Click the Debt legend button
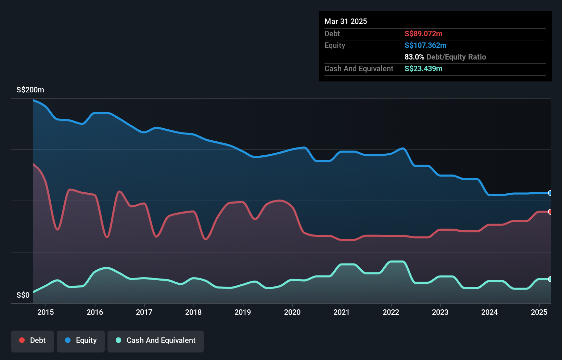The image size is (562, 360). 33,341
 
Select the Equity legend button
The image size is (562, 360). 81,341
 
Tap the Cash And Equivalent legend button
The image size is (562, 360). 156,341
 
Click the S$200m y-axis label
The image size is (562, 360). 30,90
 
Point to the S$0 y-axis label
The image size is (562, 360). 23,295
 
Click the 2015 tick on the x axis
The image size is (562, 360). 46,312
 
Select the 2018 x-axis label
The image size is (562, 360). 193,312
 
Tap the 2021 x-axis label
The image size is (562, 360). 342,312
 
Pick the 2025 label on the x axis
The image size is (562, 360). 539,312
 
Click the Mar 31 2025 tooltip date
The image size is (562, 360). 346,22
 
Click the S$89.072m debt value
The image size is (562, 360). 423,34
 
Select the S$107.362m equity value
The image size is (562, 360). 425,46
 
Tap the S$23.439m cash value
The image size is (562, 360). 423,69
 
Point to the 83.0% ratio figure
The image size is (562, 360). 414,57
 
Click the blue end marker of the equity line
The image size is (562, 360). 550,193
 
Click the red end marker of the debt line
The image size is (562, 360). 550,212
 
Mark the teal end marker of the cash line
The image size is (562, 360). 550,279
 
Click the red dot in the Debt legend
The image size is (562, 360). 22,340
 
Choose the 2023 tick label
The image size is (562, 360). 440,312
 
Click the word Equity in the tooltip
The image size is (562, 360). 335,46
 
